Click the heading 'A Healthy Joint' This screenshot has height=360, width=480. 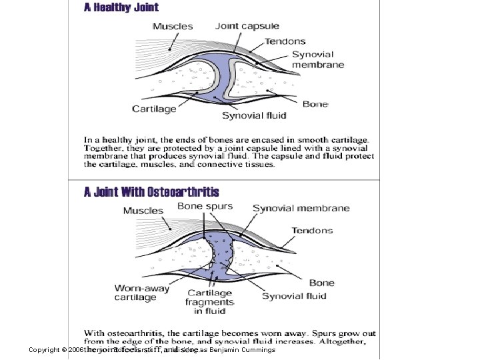pos(121,8)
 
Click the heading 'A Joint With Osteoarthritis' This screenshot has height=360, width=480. pos(151,191)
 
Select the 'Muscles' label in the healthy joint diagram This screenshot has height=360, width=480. pos(173,27)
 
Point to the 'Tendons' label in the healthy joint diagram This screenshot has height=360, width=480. pos(285,41)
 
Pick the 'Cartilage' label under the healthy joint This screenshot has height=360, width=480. pos(154,109)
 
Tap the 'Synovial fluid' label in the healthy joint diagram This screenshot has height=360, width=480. pos(254,115)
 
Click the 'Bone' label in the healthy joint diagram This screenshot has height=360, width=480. pos(315,104)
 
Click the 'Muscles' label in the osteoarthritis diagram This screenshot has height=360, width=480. pos(143,211)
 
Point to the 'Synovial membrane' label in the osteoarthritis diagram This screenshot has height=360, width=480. pos(301,208)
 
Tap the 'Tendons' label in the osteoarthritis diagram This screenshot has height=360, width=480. pos(311,231)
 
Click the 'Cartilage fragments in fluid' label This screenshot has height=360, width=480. pos(211,301)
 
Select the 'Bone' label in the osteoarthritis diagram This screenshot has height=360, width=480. pos(321,283)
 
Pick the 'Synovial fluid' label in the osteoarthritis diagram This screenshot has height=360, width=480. pos(294,296)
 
